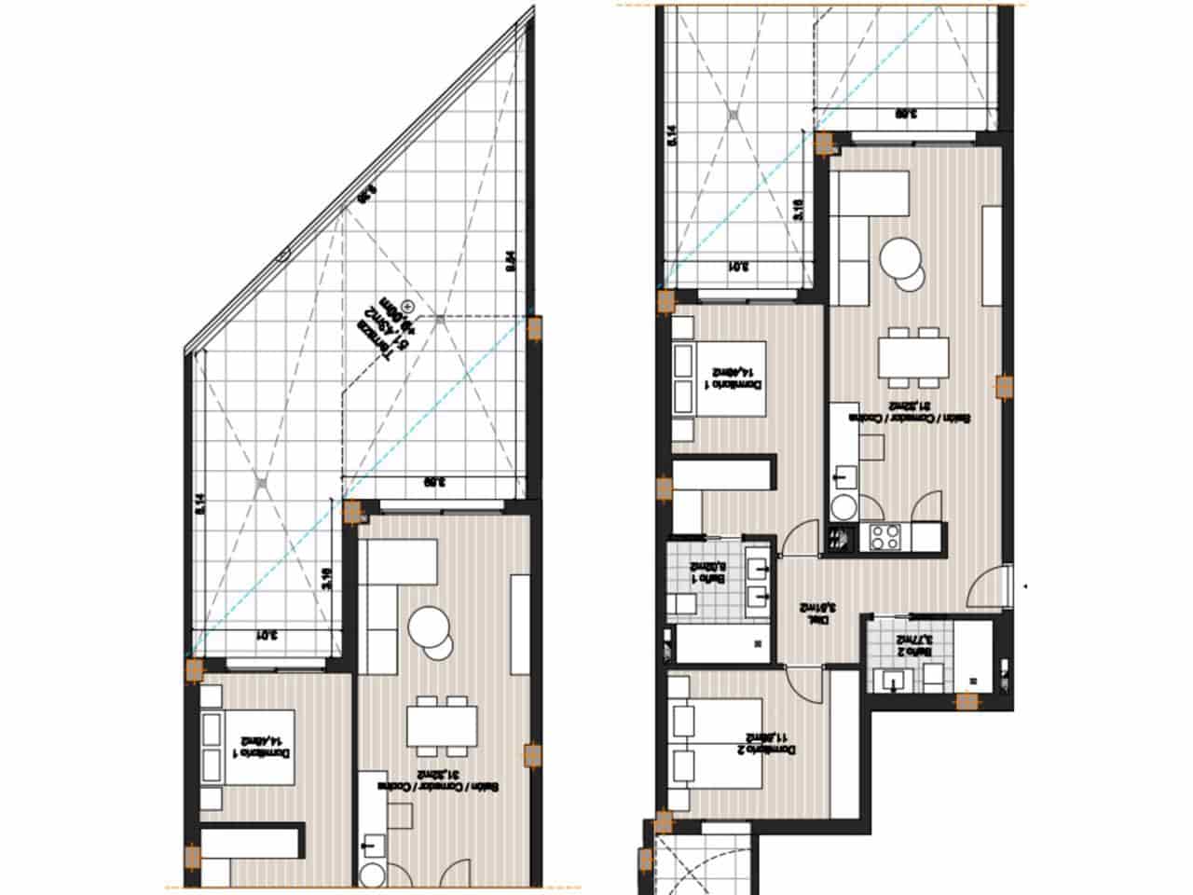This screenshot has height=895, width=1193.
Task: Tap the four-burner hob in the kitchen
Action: point(883,536)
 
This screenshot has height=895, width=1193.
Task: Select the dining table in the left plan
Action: point(441,724)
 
